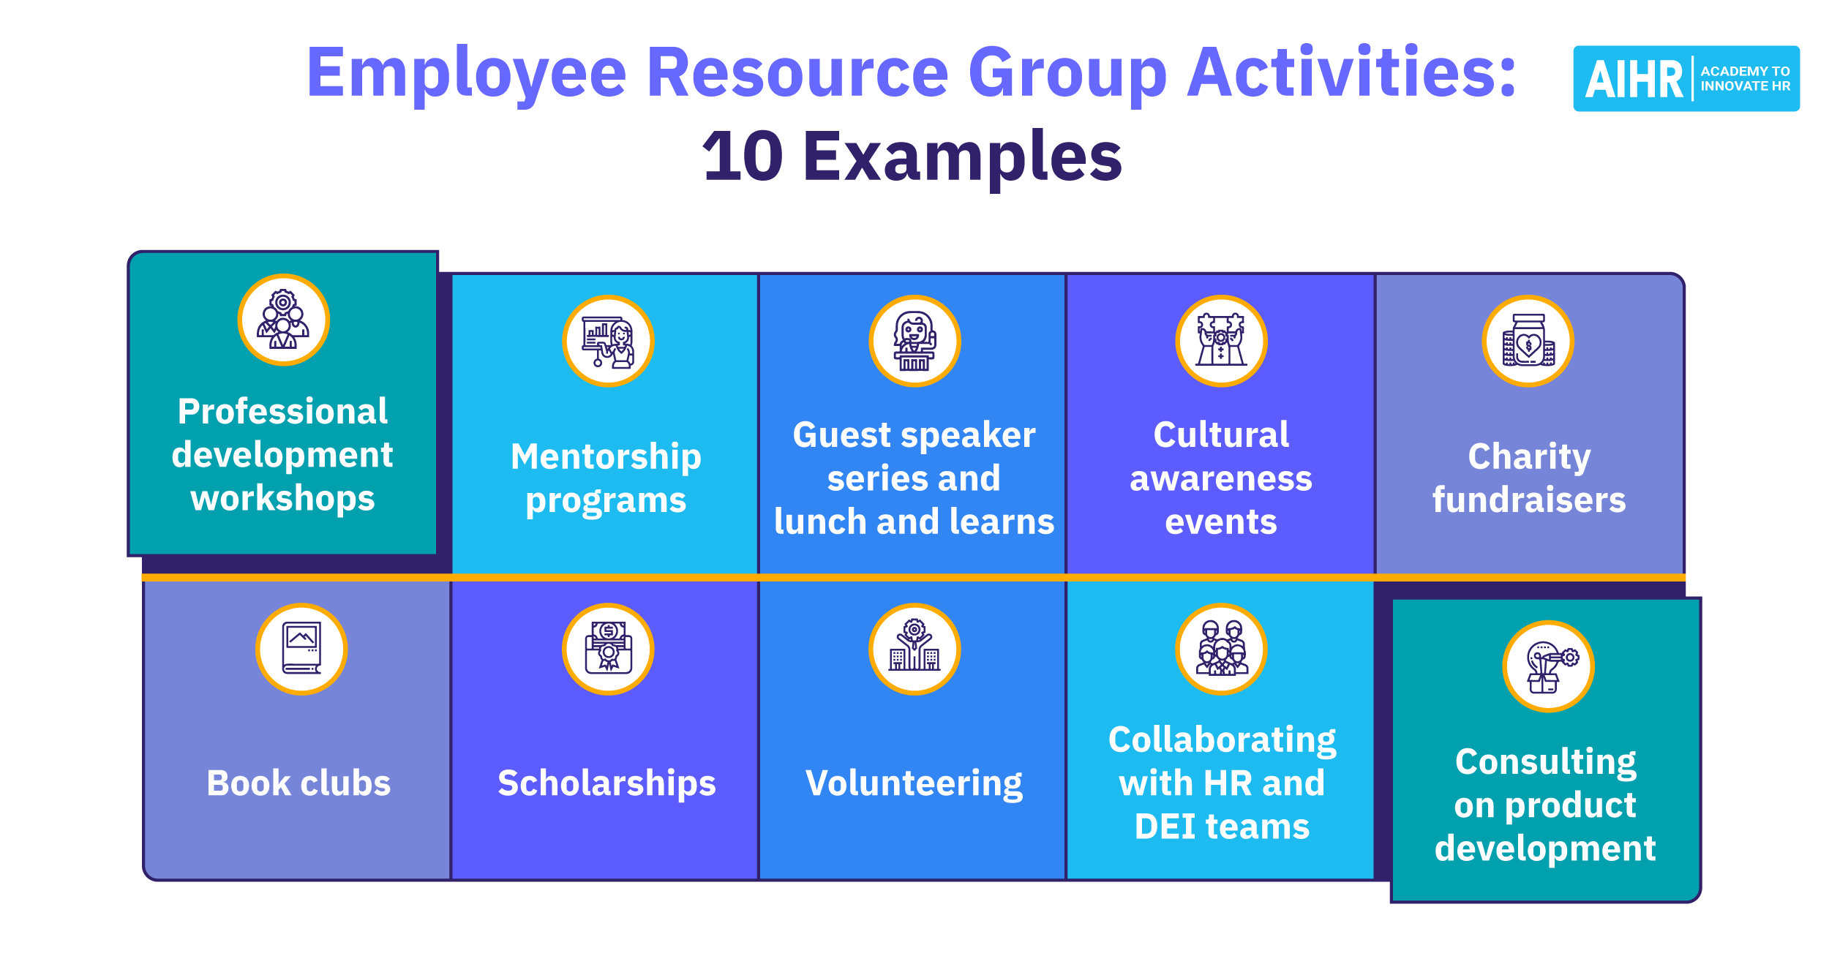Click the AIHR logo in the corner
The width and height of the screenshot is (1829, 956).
click(x=1686, y=78)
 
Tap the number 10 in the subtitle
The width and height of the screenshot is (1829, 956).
click(x=743, y=156)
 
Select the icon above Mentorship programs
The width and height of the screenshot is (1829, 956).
click(x=608, y=342)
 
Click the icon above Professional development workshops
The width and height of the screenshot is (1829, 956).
click(x=284, y=320)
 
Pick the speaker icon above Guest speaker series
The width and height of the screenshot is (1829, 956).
click(x=914, y=342)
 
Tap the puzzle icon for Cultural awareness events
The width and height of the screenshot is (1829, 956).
click(x=1221, y=342)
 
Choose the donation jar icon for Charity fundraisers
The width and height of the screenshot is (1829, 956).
click(x=1528, y=342)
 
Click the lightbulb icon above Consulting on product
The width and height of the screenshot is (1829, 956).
click(x=1548, y=666)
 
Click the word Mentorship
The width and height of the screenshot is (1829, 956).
click(x=606, y=458)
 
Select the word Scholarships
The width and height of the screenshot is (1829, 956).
click(x=606, y=784)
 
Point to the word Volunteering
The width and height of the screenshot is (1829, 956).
click(x=914, y=784)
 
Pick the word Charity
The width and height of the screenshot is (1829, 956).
click(x=1529, y=458)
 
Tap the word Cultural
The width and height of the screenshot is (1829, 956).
click(x=1221, y=434)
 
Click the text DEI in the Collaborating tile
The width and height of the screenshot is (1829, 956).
click(x=1165, y=827)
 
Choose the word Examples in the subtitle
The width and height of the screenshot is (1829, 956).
click(x=963, y=157)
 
